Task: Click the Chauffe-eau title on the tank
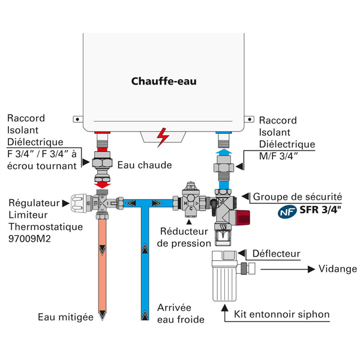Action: click(164, 81)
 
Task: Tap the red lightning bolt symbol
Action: click(163, 137)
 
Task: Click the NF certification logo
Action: click(287, 211)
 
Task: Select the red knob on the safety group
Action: click(243, 217)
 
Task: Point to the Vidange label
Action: click(338, 269)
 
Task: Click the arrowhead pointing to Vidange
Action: click(311, 269)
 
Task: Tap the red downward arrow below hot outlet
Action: click(103, 185)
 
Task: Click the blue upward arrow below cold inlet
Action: click(224, 152)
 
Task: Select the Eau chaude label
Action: click(145, 165)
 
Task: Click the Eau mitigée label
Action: click(65, 317)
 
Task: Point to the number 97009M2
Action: click(29, 239)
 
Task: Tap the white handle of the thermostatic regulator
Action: click(79, 203)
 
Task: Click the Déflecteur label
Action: click(276, 254)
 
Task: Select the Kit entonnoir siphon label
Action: click(282, 314)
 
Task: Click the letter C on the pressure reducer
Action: click(191, 209)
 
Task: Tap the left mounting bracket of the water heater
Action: click(78, 119)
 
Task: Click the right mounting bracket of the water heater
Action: click(249, 119)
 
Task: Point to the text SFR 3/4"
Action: click(320, 209)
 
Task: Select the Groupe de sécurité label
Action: click(298, 197)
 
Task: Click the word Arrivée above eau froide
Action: click(174, 308)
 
